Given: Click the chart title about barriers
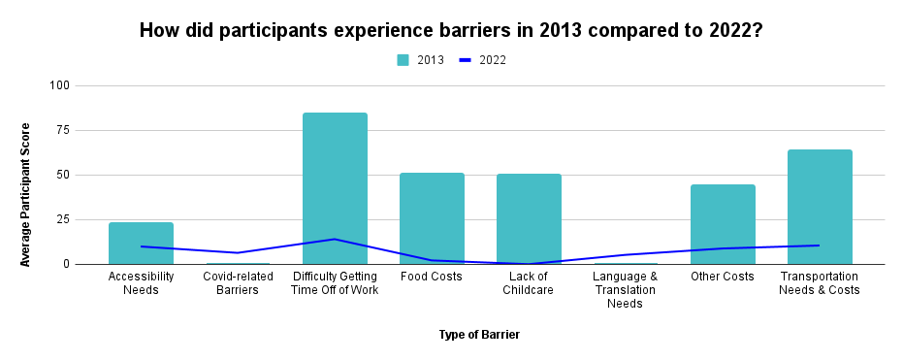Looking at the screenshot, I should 451,29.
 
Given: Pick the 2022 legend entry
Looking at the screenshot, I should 482,60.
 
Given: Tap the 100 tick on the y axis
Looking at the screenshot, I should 60,85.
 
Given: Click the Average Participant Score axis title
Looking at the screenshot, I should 26,194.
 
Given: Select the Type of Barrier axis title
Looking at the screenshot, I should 479,335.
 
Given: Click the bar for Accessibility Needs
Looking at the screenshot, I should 141,244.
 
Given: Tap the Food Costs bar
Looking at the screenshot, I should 432,218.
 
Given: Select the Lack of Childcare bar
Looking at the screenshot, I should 529,219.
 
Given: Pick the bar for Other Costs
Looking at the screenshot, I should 723,224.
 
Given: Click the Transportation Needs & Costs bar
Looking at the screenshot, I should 820,207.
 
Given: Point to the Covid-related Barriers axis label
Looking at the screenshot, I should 238,283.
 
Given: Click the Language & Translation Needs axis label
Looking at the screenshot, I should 626,289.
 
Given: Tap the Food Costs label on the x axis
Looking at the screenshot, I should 432,277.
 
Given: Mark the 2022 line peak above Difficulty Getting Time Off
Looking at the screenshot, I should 335,239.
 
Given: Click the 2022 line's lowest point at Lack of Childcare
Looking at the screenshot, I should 529,264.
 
